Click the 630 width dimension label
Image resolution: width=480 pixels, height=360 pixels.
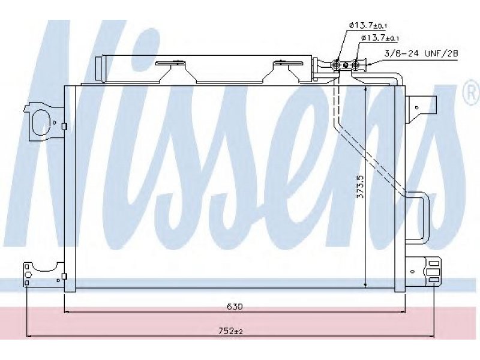(x=235, y=307)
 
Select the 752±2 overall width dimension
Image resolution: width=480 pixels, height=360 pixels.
(x=231, y=331)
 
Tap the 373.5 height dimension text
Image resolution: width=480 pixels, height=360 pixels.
(x=361, y=187)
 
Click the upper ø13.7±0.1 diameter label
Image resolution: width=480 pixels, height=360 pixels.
(x=369, y=26)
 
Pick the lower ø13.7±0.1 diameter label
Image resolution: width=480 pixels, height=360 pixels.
(x=380, y=38)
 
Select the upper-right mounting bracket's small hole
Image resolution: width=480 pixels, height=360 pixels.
(x=416, y=107)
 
